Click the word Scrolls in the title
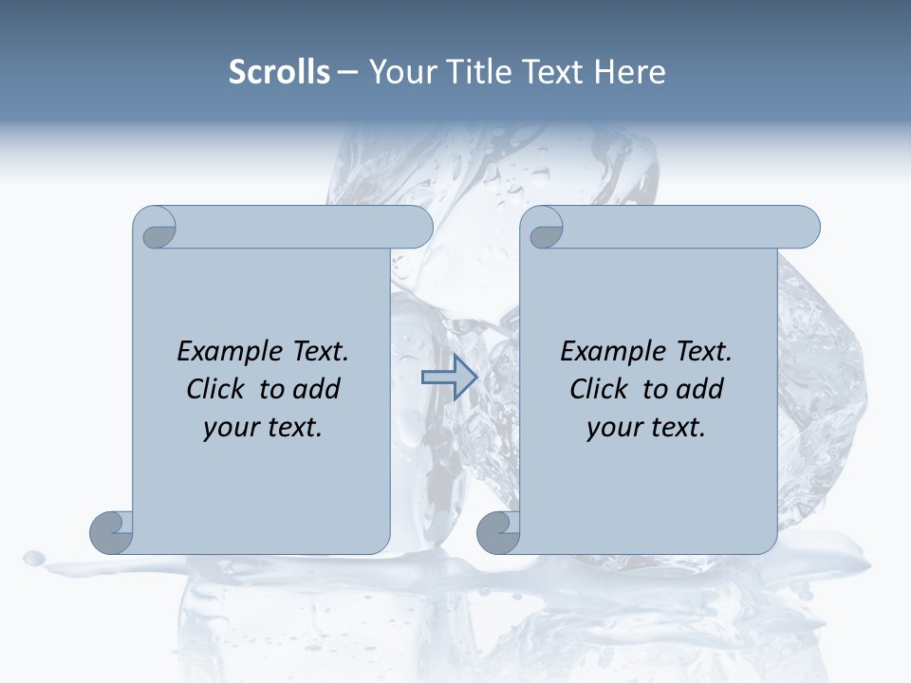pos(279,72)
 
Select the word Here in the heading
pos(629,72)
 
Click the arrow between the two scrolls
pos(450,378)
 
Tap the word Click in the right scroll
pos(598,390)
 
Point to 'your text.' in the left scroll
pos(263,428)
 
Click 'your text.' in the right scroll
pos(646,428)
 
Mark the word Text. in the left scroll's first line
pos(318,352)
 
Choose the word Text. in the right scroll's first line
pos(701,352)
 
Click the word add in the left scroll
pos(317,390)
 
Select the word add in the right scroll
pos(700,390)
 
